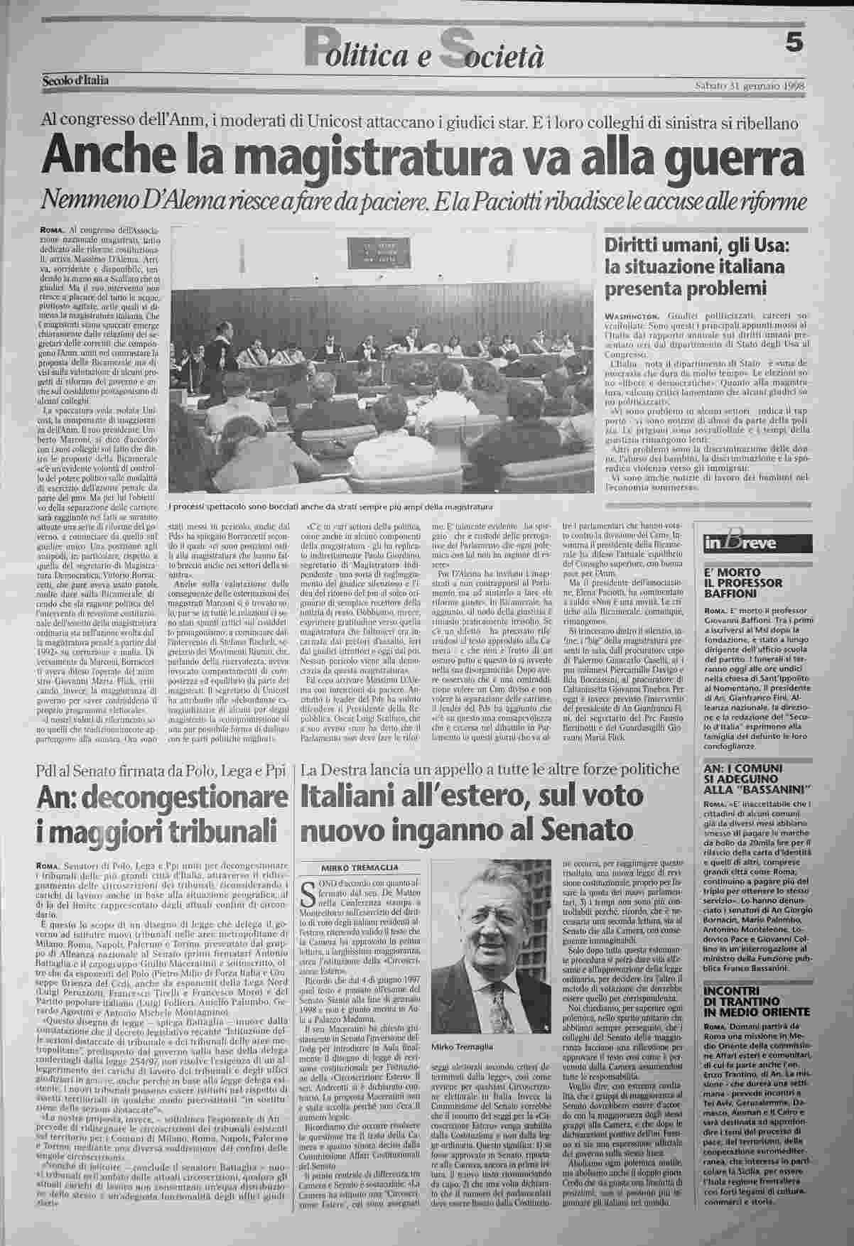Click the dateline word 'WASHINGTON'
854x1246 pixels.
point(631,315)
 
